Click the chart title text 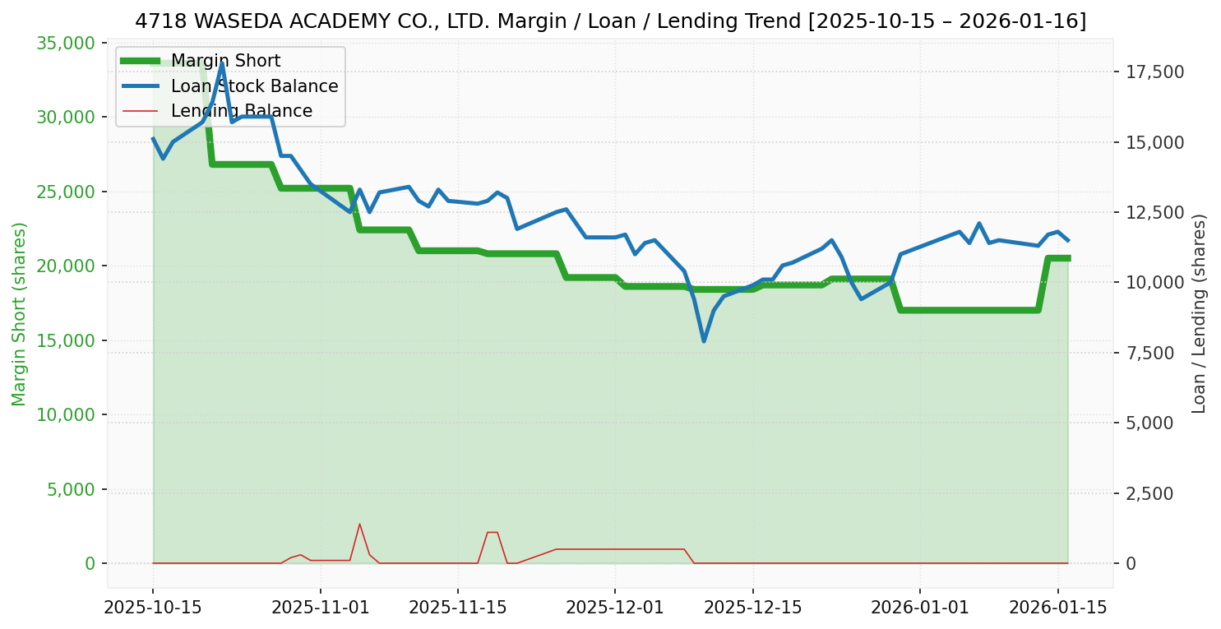point(610,21)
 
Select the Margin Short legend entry point(225,61)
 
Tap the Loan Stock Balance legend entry point(254,86)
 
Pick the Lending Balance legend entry point(241,111)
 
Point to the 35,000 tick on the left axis point(65,43)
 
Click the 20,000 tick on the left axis point(65,266)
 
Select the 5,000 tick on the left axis point(69,489)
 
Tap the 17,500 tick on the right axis point(1155,72)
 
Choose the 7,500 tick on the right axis point(1151,353)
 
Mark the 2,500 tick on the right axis point(1151,493)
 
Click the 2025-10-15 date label point(153,608)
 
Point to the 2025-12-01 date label point(614,608)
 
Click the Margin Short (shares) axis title point(19,313)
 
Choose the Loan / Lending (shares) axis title point(1199,313)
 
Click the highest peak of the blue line point(222,62)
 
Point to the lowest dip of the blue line point(704,340)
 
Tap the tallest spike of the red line point(359,524)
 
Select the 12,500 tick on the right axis point(1155,212)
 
